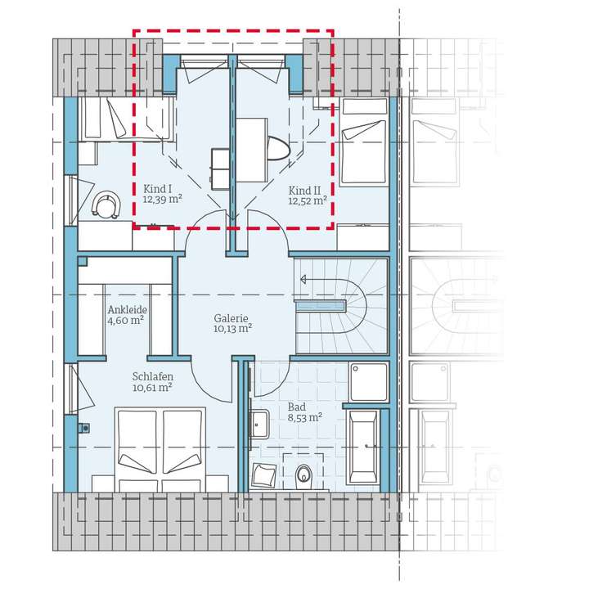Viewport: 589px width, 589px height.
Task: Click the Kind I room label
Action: click(157, 189)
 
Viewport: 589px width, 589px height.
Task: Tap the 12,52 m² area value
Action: click(308, 200)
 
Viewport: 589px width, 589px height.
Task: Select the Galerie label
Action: click(231, 318)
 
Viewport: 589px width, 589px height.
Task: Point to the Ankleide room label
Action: click(128, 310)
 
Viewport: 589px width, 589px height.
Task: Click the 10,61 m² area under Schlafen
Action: click(152, 387)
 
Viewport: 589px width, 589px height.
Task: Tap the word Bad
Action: click(297, 407)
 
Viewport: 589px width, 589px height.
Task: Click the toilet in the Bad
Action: click(303, 477)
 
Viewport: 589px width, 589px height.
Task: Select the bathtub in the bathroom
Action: click(363, 447)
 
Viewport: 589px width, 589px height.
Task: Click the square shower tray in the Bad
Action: click(368, 382)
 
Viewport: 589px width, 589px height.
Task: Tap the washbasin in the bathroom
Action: click(260, 425)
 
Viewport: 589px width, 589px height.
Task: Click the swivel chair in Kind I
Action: click(106, 205)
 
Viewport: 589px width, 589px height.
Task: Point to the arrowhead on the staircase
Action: click(303, 279)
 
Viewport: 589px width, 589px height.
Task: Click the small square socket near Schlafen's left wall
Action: click(84, 428)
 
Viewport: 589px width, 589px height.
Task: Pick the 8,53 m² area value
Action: click(304, 417)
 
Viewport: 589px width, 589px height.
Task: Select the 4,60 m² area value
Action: click(126, 321)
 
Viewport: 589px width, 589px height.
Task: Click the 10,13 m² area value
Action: click(232, 329)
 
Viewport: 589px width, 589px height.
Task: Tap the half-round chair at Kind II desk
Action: click(279, 149)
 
